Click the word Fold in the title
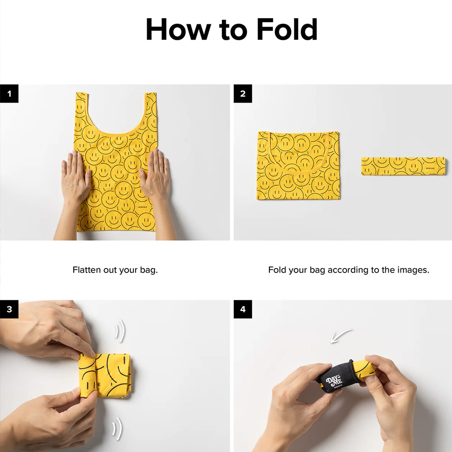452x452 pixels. pos(287,29)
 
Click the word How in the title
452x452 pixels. pos(178,29)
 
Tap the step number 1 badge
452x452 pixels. pos(9,94)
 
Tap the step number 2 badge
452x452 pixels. pos(243,94)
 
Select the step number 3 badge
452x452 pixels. pos(9,309)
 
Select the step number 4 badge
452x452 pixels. pos(243,309)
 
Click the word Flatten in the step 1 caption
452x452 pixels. pos(84,270)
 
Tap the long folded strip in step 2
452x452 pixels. pos(403,166)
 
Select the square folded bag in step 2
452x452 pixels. pos(298,165)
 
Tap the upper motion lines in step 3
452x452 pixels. pos(120,331)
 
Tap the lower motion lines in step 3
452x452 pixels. pos(118,428)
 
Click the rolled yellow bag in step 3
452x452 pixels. pos(105,375)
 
